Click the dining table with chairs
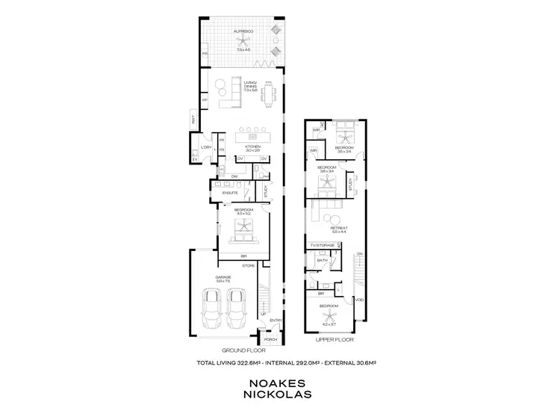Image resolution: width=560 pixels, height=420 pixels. (269, 93)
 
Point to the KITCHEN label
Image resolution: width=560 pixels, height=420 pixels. (252, 147)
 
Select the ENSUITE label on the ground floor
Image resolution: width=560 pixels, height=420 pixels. (230, 193)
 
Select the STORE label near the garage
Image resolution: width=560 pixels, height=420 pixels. (249, 265)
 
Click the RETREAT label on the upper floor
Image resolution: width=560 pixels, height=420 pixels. (339, 227)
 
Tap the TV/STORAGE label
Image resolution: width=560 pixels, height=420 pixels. (322, 245)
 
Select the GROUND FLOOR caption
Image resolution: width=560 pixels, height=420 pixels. (240, 350)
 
